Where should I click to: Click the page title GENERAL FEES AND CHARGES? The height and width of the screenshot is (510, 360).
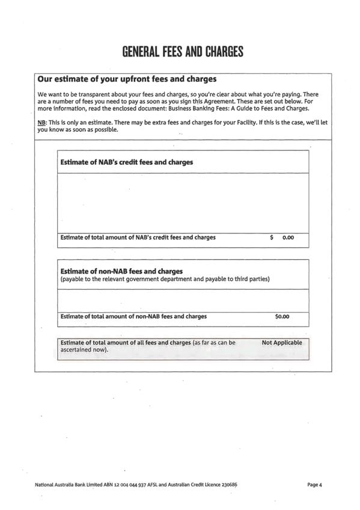click(x=183, y=52)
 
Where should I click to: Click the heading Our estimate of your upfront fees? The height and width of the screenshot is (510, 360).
click(x=127, y=79)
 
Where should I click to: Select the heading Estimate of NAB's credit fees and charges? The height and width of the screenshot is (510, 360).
click(x=127, y=162)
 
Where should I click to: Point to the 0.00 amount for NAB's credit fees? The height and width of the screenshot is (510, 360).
click(x=288, y=238)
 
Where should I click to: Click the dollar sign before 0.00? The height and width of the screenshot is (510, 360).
click(x=272, y=238)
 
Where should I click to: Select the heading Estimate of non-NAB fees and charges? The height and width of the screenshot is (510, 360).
click(x=121, y=271)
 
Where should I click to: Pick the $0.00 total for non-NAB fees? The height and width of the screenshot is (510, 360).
click(x=282, y=316)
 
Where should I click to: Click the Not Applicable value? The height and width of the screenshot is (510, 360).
click(x=282, y=343)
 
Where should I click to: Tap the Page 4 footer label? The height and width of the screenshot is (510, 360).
click(x=315, y=484)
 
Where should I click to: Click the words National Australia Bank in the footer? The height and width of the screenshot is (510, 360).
click(x=59, y=484)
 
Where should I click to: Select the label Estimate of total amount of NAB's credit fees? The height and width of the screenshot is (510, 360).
click(x=138, y=238)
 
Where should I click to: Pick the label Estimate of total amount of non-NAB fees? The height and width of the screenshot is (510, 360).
click(x=133, y=316)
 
